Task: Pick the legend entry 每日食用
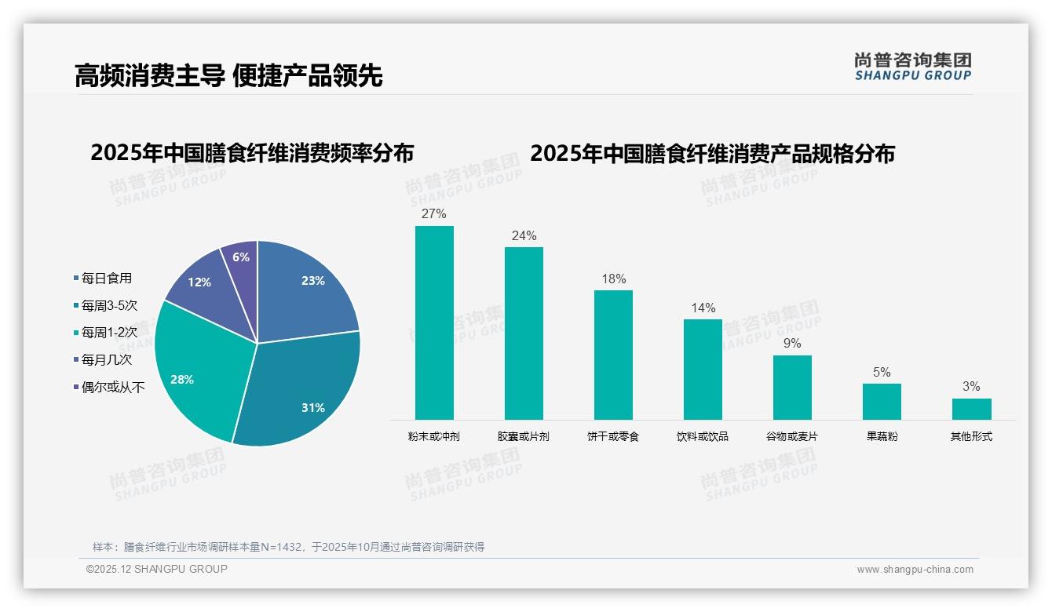[x=106, y=279]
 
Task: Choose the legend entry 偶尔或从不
[x=112, y=387]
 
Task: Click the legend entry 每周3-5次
[x=109, y=305]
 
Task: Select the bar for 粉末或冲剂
[x=434, y=322]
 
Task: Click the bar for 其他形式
[x=971, y=409]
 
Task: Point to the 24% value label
[x=524, y=235]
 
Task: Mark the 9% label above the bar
[x=792, y=344]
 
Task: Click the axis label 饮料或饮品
[x=703, y=436]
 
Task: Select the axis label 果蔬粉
[x=882, y=436]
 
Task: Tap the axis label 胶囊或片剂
[x=524, y=436]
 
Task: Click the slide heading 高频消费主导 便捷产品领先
[x=228, y=75]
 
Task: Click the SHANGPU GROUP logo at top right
[x=912, y=67]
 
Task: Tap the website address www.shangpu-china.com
[x=915, y=570]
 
